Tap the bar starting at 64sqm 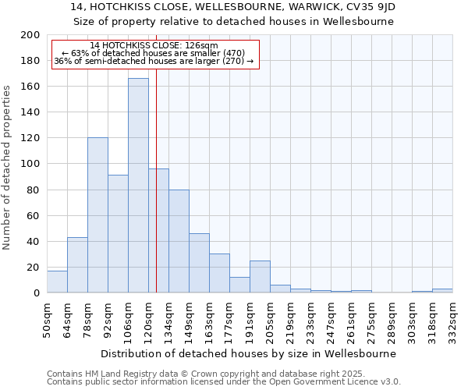(77, 264)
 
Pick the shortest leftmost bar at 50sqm (57, 282)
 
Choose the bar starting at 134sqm (179, 241)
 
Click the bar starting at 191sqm (260, 277)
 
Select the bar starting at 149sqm (199, 263)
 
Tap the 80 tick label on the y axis (34, 190)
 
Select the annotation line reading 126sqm (154, 46)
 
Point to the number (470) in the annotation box (211, 53)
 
